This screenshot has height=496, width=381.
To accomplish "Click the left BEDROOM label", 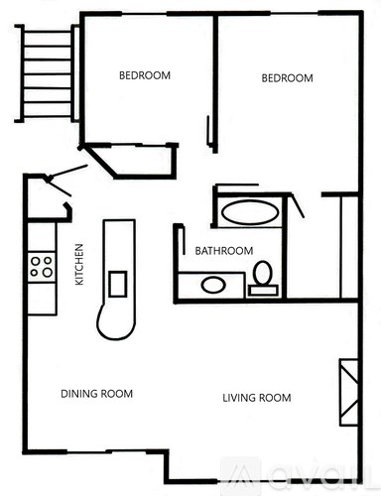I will [x=145, y=75].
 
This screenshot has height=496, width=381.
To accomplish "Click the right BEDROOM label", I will [x=287, y=78].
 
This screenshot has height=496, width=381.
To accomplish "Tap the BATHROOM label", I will [x=223, y=251].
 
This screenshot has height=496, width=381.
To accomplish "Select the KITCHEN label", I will [x=80, y=265].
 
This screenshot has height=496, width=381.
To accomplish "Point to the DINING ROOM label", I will [x=96, y=394].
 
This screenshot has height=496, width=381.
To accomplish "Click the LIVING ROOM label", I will [x=256, y=398].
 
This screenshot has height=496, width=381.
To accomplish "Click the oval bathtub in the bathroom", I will [x=249, y=211].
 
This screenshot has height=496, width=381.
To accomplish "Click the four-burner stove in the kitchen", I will [x=42, y=266].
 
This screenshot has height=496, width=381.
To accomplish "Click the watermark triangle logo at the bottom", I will [x=243, y=474].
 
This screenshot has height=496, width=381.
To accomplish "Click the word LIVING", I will [x=239, y=398].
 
